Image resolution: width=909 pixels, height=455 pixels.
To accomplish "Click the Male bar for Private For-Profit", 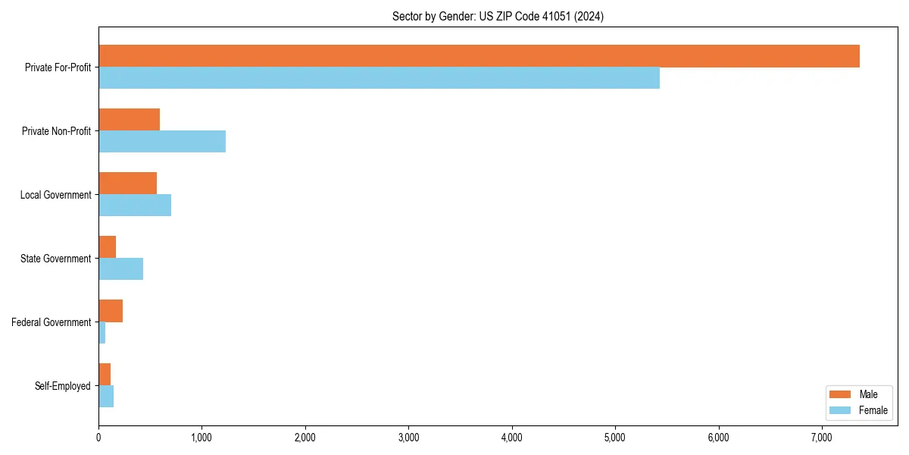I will point(479,56).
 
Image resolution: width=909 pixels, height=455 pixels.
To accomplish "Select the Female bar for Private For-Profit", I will point(379,78).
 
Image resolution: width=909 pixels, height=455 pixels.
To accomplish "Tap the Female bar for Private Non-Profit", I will point(162,142).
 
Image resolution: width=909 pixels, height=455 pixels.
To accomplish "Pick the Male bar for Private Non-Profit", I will point(129,120).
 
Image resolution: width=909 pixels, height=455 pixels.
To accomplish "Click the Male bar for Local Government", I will point(127,184).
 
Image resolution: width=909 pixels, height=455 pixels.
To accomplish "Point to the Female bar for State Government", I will point(120,269).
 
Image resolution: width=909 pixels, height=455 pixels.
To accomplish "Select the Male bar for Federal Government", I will point(111,311).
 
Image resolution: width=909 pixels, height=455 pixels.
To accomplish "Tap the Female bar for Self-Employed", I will point(106,397).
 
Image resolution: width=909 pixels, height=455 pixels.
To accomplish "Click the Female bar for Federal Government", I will point(102,333).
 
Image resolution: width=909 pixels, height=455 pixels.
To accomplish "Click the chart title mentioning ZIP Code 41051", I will point(498,16).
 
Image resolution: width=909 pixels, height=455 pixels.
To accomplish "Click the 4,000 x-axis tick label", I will point(512,438).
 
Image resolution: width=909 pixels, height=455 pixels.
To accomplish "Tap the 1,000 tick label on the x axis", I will point(201,438).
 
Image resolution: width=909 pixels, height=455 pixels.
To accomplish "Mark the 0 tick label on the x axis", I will point(98,438).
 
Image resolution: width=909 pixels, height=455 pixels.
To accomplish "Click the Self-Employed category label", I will point(63,386).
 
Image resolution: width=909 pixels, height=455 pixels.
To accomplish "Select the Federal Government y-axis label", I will point(52,322).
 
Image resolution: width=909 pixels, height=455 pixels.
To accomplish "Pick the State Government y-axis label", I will point(56,259).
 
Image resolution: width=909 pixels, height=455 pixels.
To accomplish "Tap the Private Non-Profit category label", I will point(56,131).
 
